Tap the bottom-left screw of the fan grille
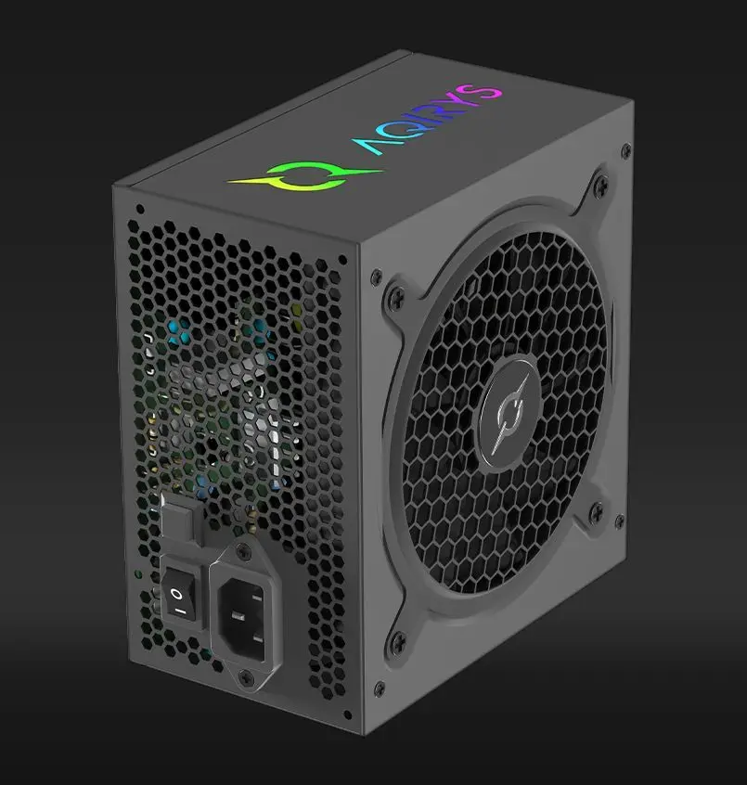coord(399,639)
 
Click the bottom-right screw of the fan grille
coord(595,509)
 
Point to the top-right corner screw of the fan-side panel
coord(627,148)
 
